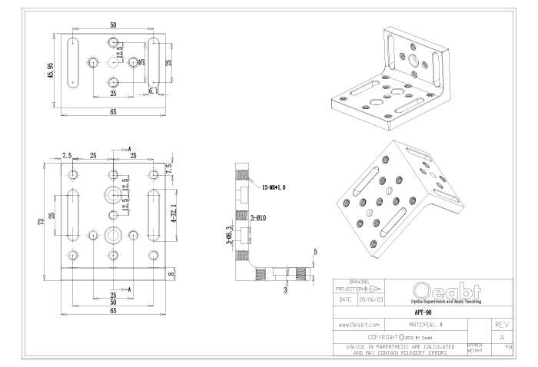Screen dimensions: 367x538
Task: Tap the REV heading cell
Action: coord(500,326)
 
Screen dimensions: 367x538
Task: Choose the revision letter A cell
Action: coord(500,337)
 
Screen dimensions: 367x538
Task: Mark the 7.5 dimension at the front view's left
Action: coord(67,156)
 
